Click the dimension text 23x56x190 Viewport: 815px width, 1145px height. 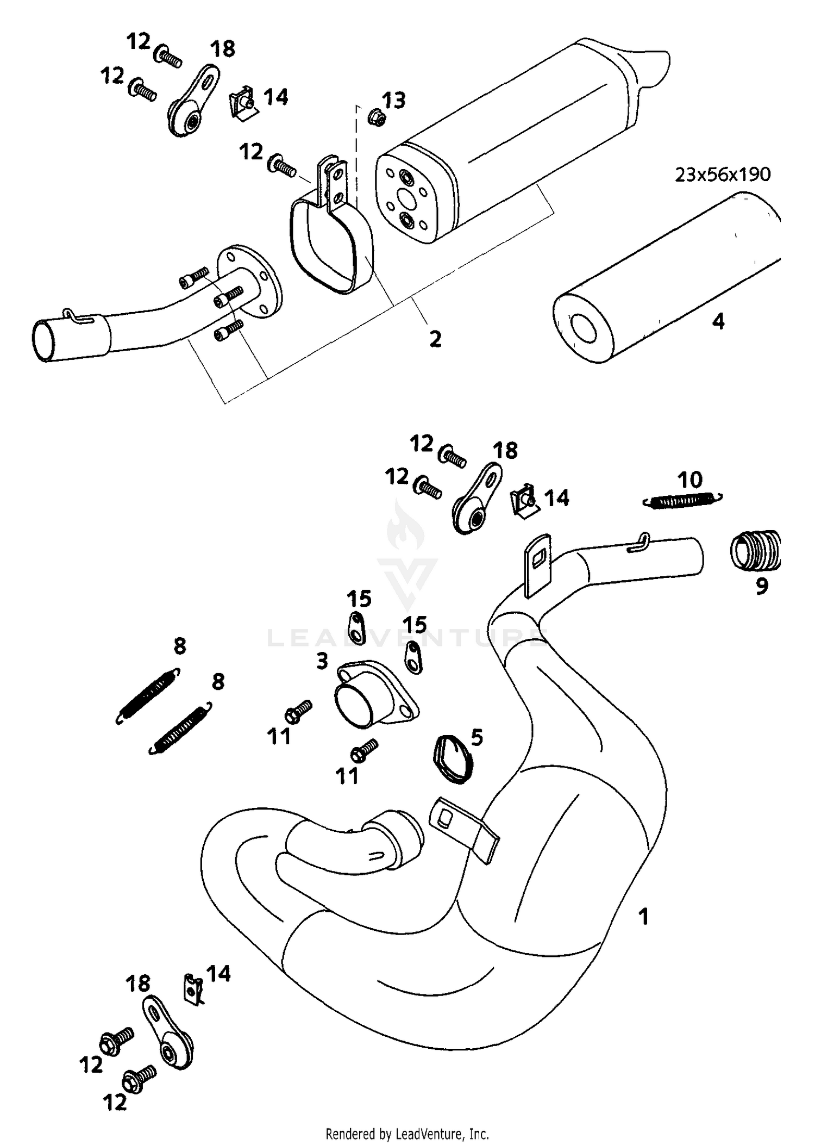click(x=723, y=175)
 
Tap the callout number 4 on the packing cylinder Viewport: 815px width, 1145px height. click(x=718, y=321)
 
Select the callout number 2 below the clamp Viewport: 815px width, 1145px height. click(x=435, y=339)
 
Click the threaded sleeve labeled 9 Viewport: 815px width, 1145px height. click(x=756, y=551)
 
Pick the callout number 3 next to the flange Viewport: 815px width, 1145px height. click(x=322, y=661)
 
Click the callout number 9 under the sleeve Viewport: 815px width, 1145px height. click(x=762, y=586)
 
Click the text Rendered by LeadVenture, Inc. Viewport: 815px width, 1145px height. click(x=407, y=1134)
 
